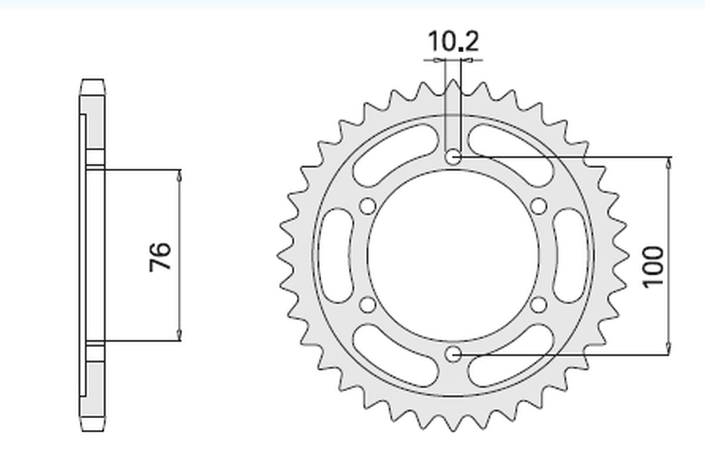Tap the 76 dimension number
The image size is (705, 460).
[160, 256]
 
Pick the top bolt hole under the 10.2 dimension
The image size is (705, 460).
[453, 157]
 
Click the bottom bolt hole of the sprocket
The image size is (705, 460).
[453, 354]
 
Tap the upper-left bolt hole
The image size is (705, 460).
[368, 206]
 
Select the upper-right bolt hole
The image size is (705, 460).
[538, 206]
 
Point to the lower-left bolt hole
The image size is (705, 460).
[368, 305]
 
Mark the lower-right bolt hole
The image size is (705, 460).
[538, 305]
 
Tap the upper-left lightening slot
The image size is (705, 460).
[395, 155]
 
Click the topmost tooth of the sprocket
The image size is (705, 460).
[453, 85]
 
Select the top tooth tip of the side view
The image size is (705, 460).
[94, 82]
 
